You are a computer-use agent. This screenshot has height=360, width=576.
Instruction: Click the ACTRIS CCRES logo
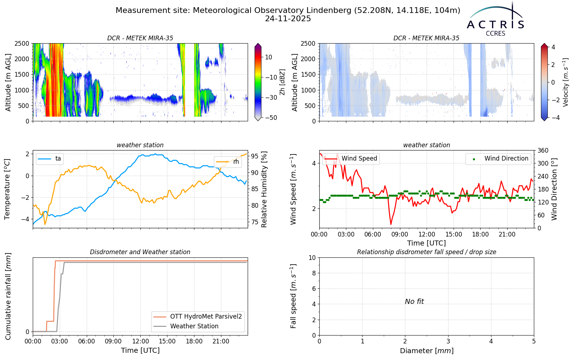(495, 19)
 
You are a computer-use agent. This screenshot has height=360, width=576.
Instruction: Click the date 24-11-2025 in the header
(288, 19)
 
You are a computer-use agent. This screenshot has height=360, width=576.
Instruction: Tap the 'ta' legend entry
(50, 158)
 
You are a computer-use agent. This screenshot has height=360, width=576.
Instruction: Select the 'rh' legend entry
(228, 162)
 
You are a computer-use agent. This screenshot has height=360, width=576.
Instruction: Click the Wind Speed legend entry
(351, 158)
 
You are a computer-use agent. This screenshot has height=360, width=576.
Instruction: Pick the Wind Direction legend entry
(499, 158)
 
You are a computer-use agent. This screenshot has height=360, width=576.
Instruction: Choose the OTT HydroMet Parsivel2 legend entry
(198, 316)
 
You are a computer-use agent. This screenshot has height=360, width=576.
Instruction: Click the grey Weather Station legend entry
(186, 326)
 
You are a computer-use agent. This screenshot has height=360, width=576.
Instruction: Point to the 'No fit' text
(414, 301)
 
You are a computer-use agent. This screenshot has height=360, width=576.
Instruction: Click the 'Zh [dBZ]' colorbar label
(282, 82)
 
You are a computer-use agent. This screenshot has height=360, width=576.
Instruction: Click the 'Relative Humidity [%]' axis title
(264, 189)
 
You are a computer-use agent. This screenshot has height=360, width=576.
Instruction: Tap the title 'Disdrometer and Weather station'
(140, 252)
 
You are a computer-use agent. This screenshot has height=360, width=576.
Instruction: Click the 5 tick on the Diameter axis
(534, 341)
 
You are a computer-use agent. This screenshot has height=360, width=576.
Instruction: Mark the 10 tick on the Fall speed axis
(312, 258)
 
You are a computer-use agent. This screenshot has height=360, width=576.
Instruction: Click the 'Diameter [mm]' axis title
(427, 351)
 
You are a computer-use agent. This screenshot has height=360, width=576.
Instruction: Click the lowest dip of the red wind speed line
(391, 225)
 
